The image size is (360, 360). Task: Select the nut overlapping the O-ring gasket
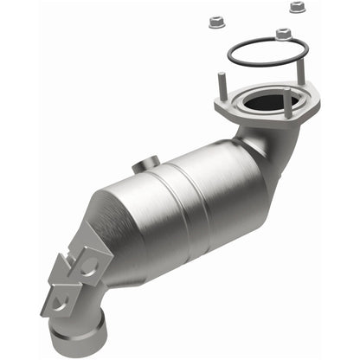(x=282, y=34)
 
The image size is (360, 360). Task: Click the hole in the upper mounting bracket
(x=87, y=262)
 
